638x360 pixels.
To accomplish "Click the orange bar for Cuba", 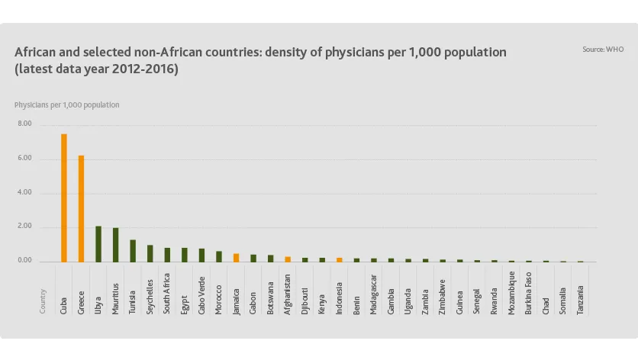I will (x=64, y=198).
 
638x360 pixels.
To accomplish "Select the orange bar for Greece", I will (x=81, y=209).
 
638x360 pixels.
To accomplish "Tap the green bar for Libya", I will (x=98, y=244).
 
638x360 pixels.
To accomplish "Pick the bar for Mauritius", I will (x=115, y=245).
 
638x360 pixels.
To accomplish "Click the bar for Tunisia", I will (x=133, y=251).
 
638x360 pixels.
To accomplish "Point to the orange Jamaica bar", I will (x=236, y=258).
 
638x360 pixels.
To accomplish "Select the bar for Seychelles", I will (x=150, y=253).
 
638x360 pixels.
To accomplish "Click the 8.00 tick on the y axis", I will (x=24, y=124).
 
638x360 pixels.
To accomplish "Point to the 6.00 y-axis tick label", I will (x=24, y=159).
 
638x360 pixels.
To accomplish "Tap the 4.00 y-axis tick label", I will (x=24, y=193).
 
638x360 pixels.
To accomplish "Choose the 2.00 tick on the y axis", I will (x=24, y=227).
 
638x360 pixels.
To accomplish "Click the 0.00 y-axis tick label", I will (x=24, y=262).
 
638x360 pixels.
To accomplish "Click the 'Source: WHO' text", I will (x=603, y=49).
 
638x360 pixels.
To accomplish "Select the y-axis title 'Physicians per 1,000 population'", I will (x=66, y=104).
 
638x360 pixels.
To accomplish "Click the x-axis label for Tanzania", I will (x=581, y=301).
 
